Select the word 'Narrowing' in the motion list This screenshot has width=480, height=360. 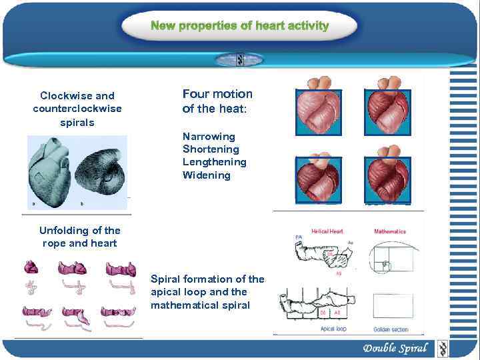[x=209, y=136]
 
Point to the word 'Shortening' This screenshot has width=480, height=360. [x=211, y=149]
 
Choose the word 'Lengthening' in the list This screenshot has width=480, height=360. [x=214, y=162]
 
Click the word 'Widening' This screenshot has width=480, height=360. [x=206, y=175]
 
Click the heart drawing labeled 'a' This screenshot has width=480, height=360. [x=49, y=169]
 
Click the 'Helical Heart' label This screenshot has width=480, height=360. [x=327, y=231]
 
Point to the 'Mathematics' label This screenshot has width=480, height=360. [x=390, y=231]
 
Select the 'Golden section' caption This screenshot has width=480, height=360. [x=390, y=329]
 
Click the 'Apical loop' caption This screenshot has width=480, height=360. [x=333, y=329]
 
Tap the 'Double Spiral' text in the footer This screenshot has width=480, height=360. [x=395, y=348]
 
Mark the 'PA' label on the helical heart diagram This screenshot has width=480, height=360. [x=298, y=237]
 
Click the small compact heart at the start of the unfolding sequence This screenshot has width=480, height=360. [x=31, y=268]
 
